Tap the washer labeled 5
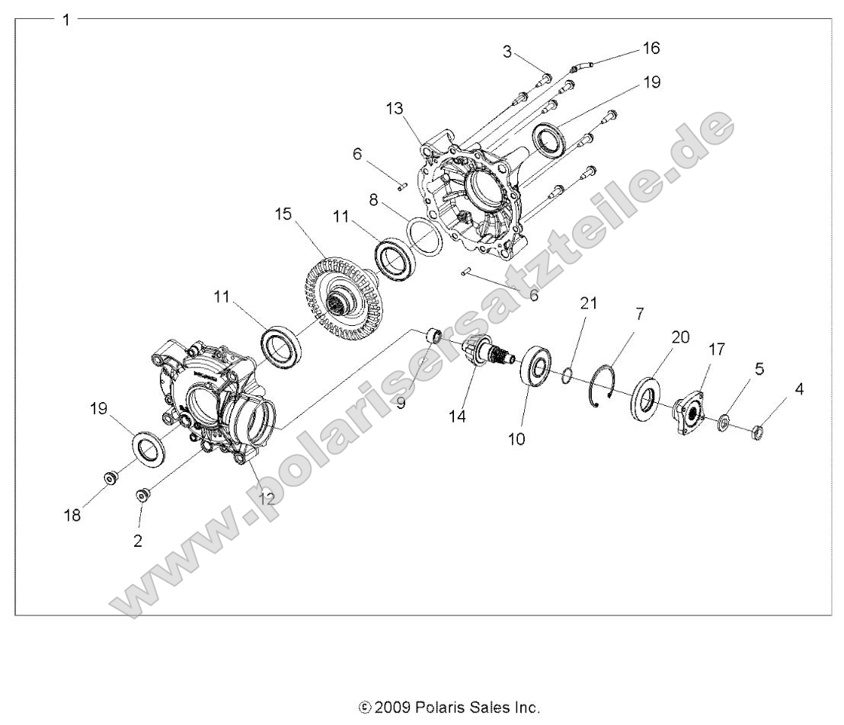coord(723,422)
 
